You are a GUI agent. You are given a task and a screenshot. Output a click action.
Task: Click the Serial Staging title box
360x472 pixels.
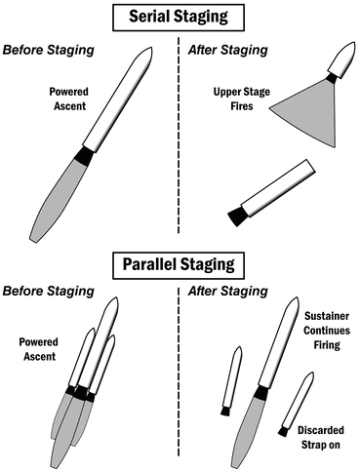coord(179,18)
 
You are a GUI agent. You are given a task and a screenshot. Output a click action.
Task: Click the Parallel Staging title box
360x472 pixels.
coord(179,265)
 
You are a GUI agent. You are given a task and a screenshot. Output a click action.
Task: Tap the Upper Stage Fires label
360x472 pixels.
coord(242,98)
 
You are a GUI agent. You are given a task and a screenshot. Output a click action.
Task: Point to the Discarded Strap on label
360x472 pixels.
coord(321,437)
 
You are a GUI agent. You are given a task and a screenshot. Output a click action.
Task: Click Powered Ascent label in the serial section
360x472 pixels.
coord(69,98)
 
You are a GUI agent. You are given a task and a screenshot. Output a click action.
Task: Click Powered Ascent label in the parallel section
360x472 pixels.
coord(39,349)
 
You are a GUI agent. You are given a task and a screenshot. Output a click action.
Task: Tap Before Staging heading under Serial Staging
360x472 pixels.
coord(49,50)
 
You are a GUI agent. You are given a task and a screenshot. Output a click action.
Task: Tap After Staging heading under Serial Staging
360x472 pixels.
coord(228,50)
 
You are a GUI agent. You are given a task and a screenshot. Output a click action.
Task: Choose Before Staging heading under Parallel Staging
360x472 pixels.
coord(49,291)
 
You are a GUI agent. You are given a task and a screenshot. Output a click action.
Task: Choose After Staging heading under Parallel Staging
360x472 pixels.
coord(228,291)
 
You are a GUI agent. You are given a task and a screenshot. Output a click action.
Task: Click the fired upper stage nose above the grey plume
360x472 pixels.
coord(342,59)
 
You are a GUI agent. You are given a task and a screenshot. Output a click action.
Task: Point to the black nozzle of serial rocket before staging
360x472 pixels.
coord(84,155)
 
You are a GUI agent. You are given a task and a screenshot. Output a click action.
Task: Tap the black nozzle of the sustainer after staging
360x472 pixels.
coord(261,393)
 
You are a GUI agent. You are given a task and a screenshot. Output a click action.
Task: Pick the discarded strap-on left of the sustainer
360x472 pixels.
coord(231,380)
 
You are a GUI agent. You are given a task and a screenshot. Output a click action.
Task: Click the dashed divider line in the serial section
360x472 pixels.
coord(179,136)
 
